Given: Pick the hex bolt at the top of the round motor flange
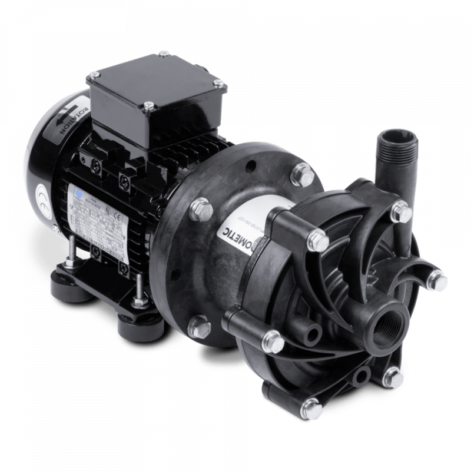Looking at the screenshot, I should pos(303,173).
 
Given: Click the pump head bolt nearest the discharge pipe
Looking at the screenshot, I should pos(402,207).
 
